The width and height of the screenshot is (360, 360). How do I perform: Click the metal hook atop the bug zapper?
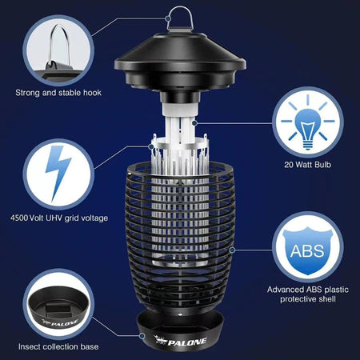click(177, 18)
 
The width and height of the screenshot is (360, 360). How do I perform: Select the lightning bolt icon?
click(55, 173)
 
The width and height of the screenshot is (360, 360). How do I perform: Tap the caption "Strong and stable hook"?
click(57, 93)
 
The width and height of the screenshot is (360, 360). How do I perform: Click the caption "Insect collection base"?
click(57, 347)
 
